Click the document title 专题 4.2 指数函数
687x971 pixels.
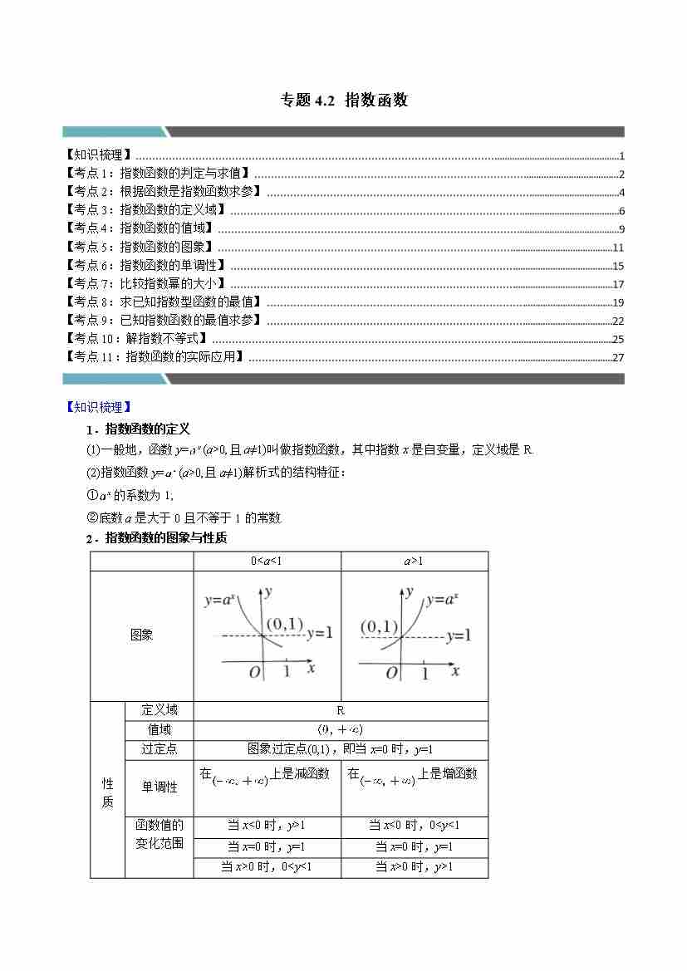tap(344, 101)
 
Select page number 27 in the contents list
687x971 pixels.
tap(617, 358)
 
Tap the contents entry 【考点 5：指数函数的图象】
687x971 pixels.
tap(140, 248)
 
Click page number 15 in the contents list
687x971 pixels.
tap(617, 267)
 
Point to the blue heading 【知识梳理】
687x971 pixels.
tap(97, 407)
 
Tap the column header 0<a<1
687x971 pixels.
tap(267, 562)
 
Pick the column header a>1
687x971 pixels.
tap(414, 562)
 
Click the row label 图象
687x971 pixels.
tap(142, 635)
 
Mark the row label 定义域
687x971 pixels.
tap(159, 710)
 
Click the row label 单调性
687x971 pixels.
tap(159, 787)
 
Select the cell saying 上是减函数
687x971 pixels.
tap(300, 774)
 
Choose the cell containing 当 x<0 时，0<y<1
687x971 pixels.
tap(414, 826)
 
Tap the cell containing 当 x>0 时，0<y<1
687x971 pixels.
tap(267, 867)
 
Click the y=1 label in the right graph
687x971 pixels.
tap(458, 636)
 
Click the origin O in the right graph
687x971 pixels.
tap(392, 673)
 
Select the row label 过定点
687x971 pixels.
tap(159, 749)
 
